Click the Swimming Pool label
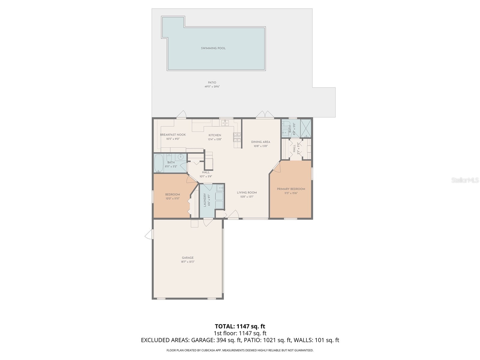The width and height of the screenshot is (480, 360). [x=213, y=48]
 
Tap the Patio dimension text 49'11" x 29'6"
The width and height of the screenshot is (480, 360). [x=212, y=87]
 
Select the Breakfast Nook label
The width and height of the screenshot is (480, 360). [x=173, y=135]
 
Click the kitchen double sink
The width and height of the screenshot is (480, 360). [x=225, y=123]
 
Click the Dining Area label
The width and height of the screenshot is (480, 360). [x=260, y=142]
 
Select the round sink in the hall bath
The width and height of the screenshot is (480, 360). [x=181, y=157]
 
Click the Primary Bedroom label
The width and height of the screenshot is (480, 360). [x=291, y=189]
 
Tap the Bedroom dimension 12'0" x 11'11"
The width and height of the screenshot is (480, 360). [x=172, y=199]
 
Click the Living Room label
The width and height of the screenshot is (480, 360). [x=247, y=193]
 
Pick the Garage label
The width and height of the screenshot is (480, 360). [x=187, y=258]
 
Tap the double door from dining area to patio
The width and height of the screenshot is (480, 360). [x=265, y=115]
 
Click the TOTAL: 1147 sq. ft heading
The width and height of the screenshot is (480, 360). [x=240, y=326]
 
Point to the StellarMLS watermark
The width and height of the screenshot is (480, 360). [x=465, y=180]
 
